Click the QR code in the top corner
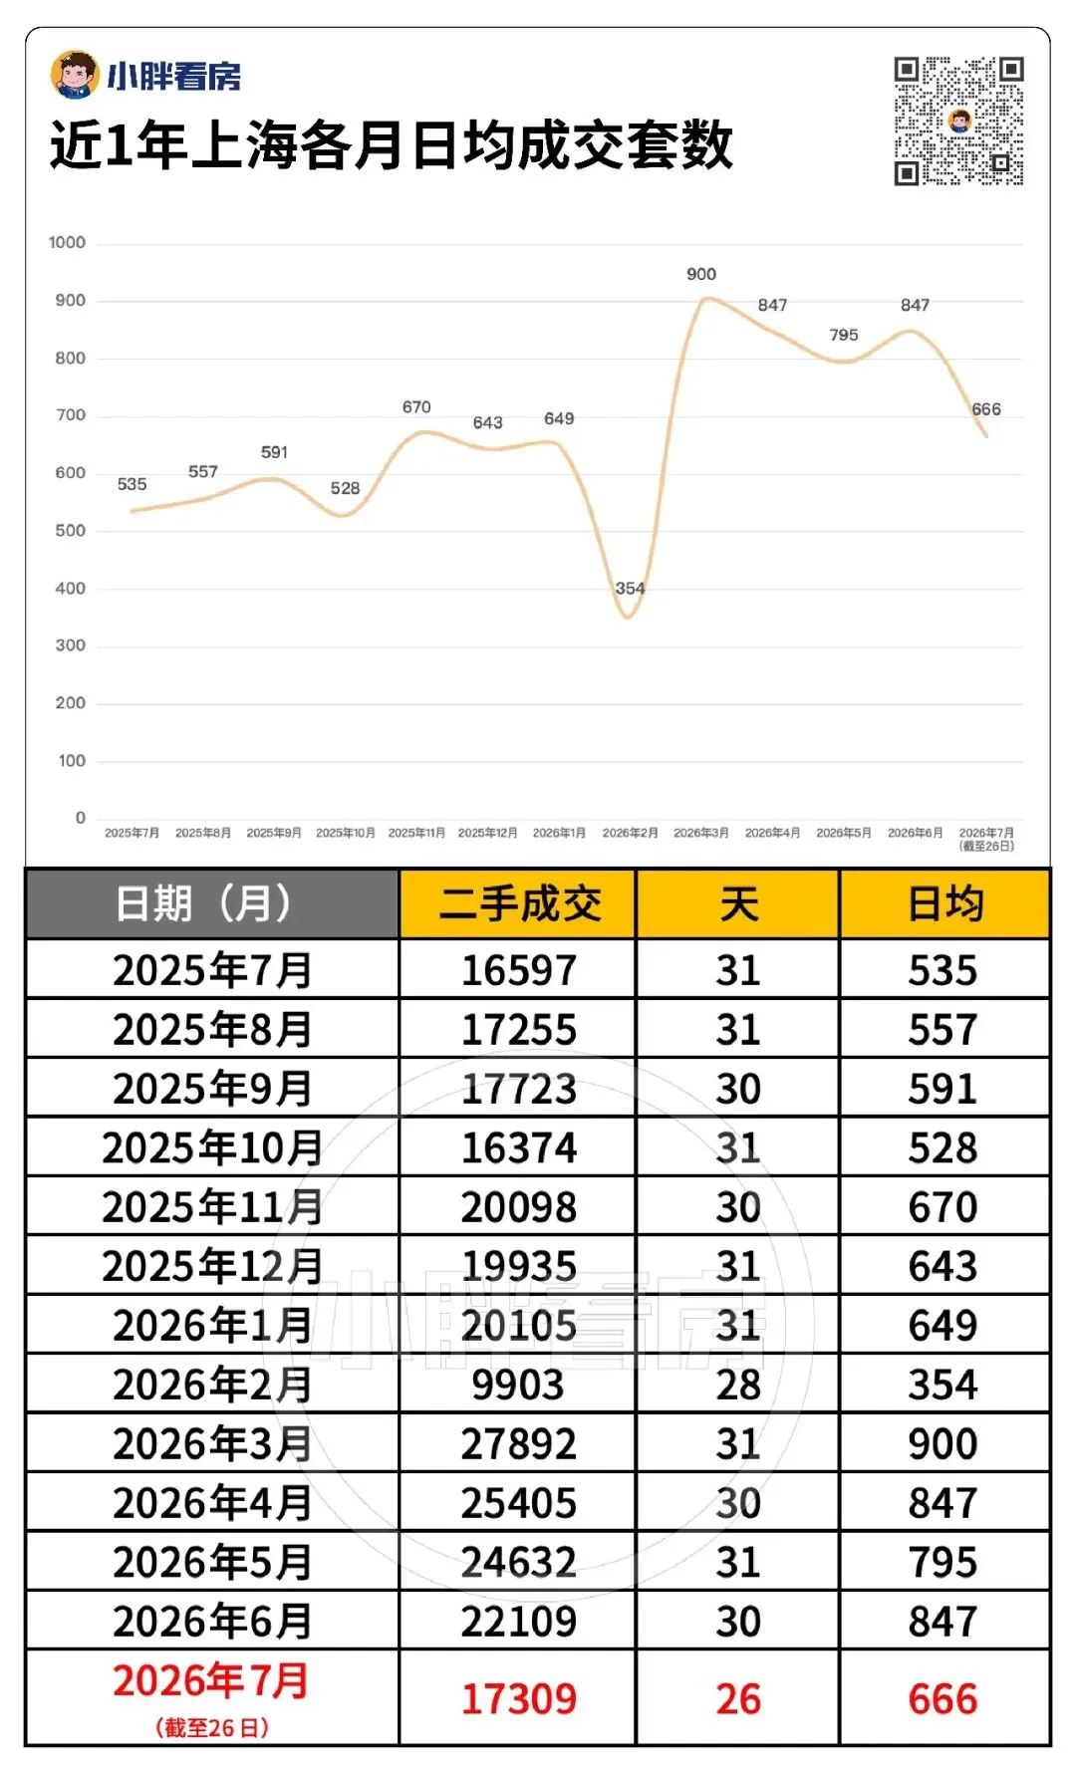pyautogui.click(x=958, y=122)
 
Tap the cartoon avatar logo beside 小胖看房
pyautogui.click(x=75, y=75)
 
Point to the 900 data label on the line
pyautogui.click(x=701, y=274)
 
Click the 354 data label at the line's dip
pyautogui.click(x=630, y=588)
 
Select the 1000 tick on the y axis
pyautogui.click(x=67, y=242)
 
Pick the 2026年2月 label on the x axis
pyautogui.click(x=630, y=833)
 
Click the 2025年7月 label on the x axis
pyautogui.click(x=132, y=833)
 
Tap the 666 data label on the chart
pyautogui.click(x=986, y=409)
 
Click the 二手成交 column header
pyautogui.click(x=518, y=903)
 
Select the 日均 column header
pyautogui.click(x=944, y=903)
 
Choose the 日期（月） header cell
pyautogui.click(x=212, y=903)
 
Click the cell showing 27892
pyautogui.click(x=518, y=1443)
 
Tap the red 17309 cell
pyautogui.click(x=518, y=1699)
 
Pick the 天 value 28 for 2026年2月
pyautogui.click(x=738, y=1385)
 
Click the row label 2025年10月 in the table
pyautogui.click(x=212, y=1147)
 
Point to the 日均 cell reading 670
pyautogui.click(x=943, y=1207)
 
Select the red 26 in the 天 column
pyautogui.click(x=738, y=1699)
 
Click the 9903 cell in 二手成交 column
pyautogui.click(x=518, y=1385)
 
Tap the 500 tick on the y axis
pyautogui.click(x=71, y=530)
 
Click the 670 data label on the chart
pyautogui.click(x=416, y=407)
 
